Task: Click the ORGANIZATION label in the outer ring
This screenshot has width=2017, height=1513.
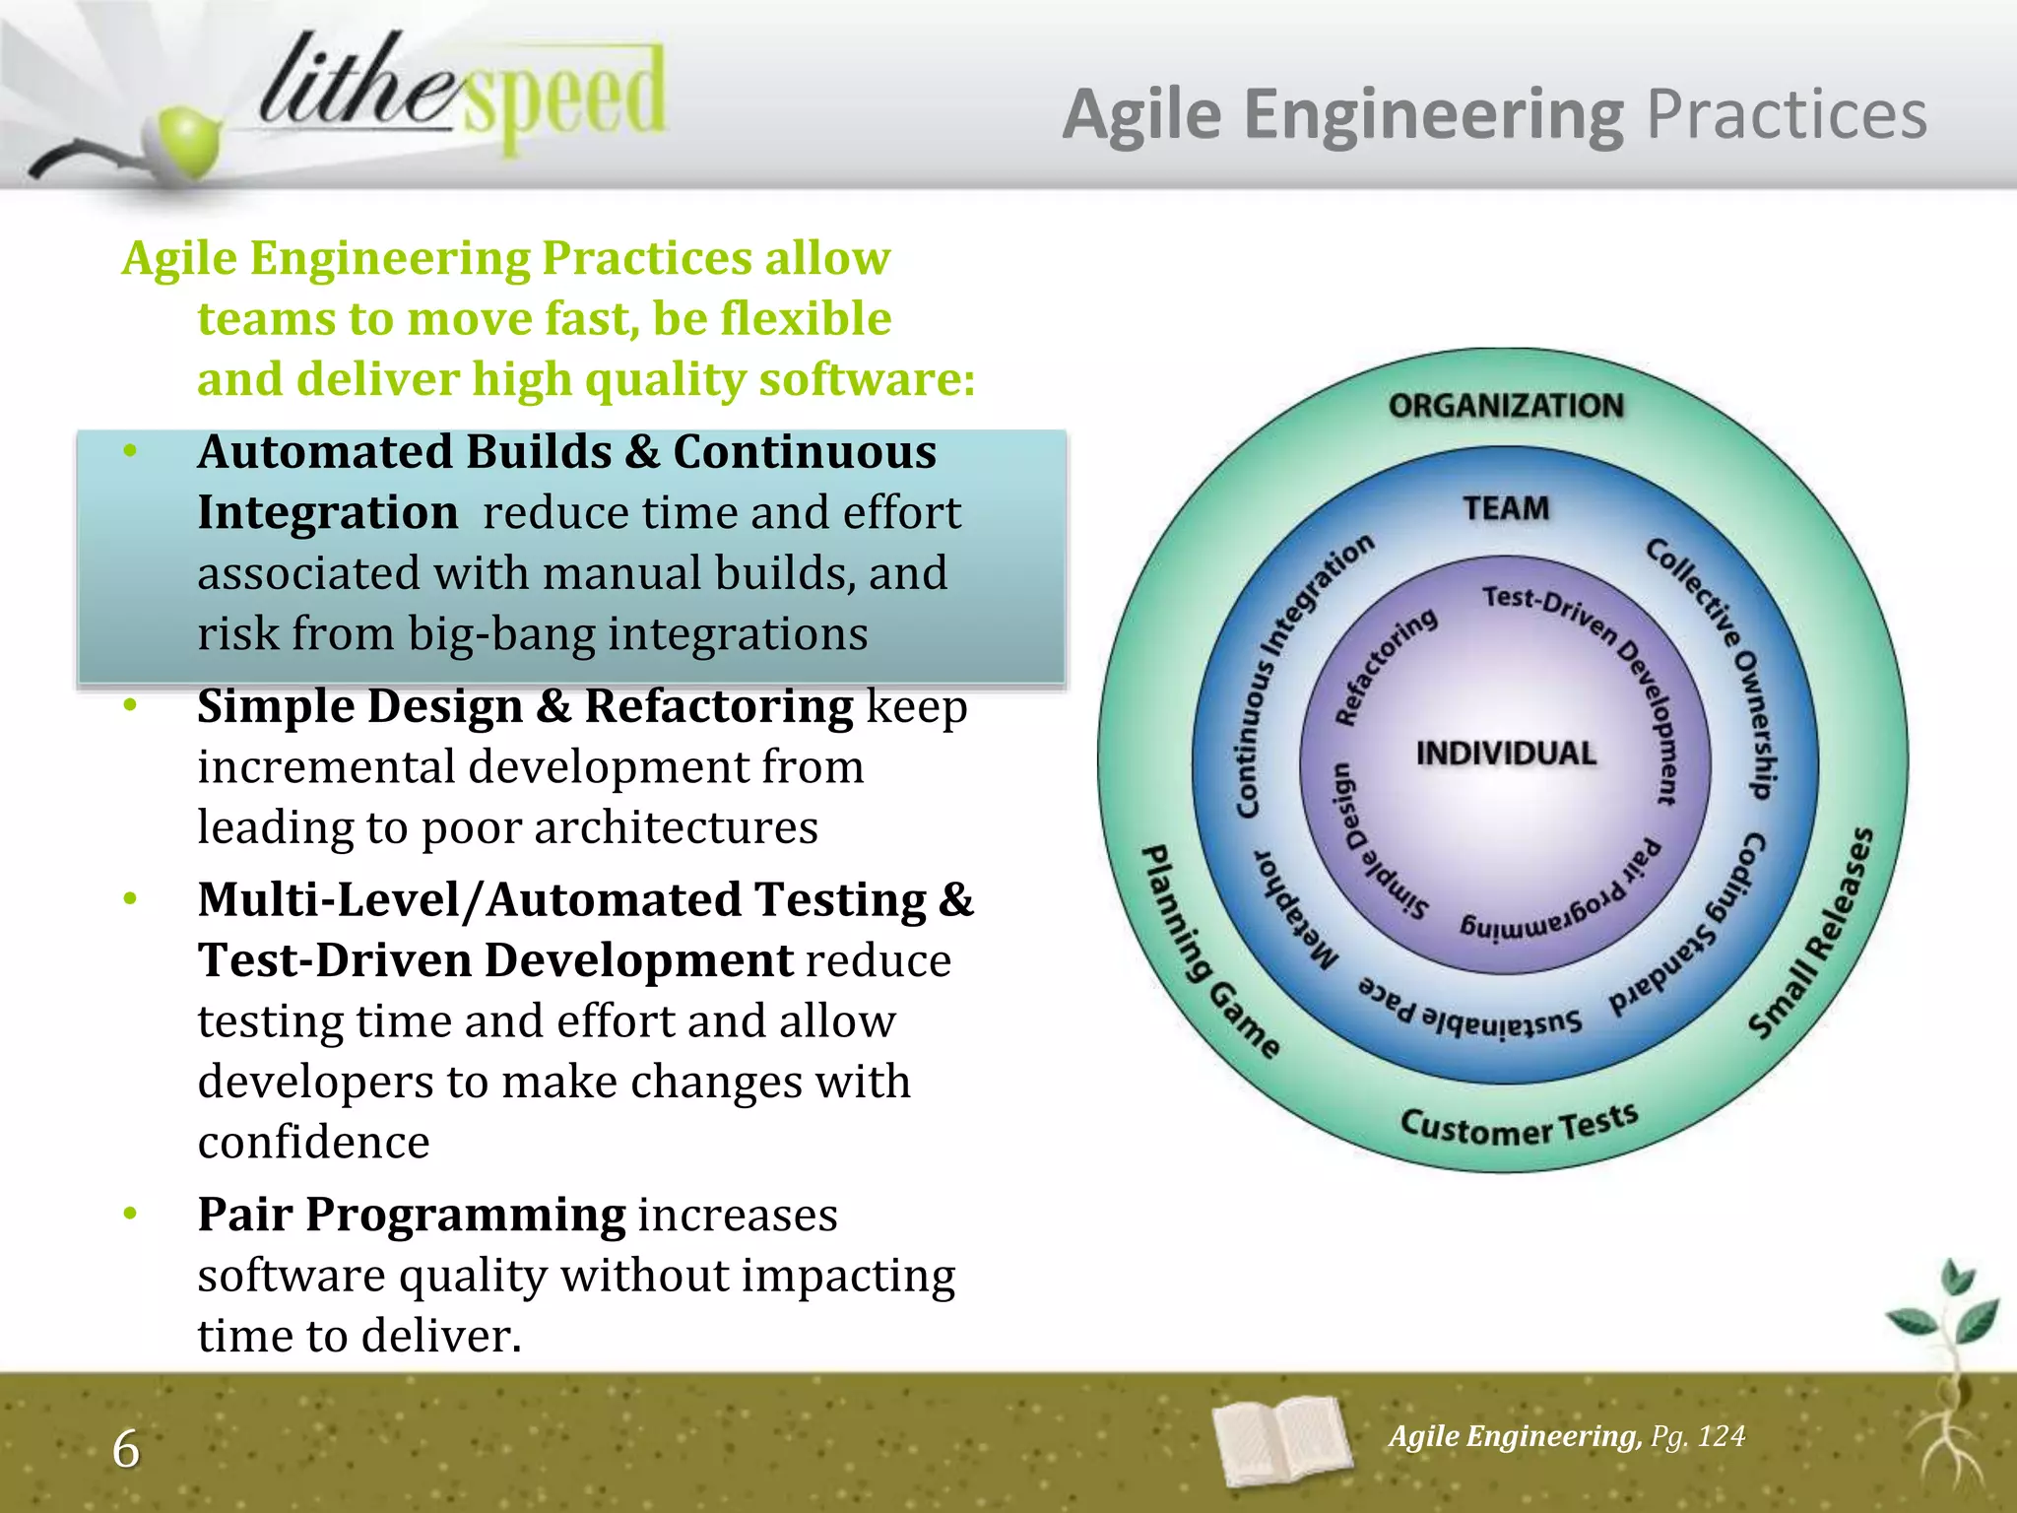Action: pyautogui.click(x=1505, y=406)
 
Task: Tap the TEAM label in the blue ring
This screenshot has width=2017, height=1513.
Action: pyautogui.click(x=1506, y=508)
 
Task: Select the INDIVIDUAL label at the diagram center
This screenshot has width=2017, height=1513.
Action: pyautogui.click(x=1506, y=754)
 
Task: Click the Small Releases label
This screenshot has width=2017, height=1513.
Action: pyautogui.click(x=1812, y=934)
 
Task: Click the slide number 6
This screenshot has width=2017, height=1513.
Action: pyautogui.click(x=126, y=1449)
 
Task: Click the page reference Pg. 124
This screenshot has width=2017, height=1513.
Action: pyautogui.click(x=1698, y=1436)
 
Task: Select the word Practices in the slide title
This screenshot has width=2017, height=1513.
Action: pyautogui.click(x=1787, y=115)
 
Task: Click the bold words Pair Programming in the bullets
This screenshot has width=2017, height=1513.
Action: pyautogui.click(x=412, y=1215)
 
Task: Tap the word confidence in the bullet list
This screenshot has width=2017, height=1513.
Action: pyautogui.click(x=313, y=1143)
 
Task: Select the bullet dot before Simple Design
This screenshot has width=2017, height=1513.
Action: pyautogui.click(x=130, y=705)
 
